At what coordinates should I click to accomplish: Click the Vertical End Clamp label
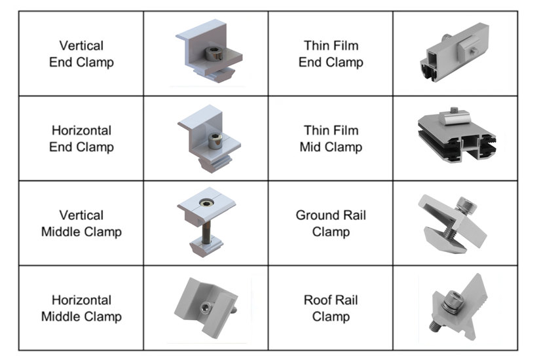[x=81, y=54]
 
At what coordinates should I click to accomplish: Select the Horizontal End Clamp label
[x=81, y=139]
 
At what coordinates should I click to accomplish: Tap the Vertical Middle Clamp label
[x=81, y=223]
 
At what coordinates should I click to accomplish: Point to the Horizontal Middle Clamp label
[x=81, y=308]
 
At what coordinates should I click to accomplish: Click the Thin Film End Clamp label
[x=331, y=54]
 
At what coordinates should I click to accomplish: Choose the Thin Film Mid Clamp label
[x=331, y=139]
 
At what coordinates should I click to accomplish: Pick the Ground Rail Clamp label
[x=331, y=223]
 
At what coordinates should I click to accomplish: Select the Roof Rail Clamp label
[x=331, y=308]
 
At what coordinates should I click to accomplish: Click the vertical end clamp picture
[x=207, y=54]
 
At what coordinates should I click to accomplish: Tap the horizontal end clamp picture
[x=207, y=139]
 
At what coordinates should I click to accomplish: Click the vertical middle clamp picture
[x=207, y=223]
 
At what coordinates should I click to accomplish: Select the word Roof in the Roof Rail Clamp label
[x=318, y=300]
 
